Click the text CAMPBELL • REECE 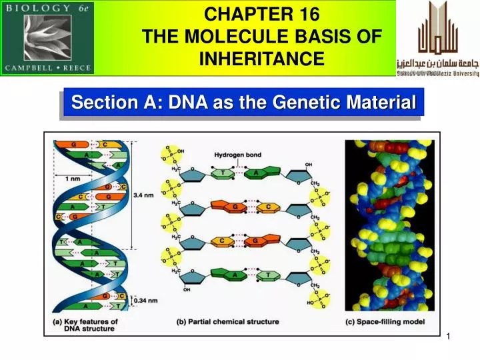pos(47,67)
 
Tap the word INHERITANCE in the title pos(262,59)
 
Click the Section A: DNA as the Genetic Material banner pos(243,103)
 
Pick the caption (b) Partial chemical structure pos(227,322)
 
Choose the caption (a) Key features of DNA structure pos(85,325)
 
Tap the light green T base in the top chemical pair pos(221,174)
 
